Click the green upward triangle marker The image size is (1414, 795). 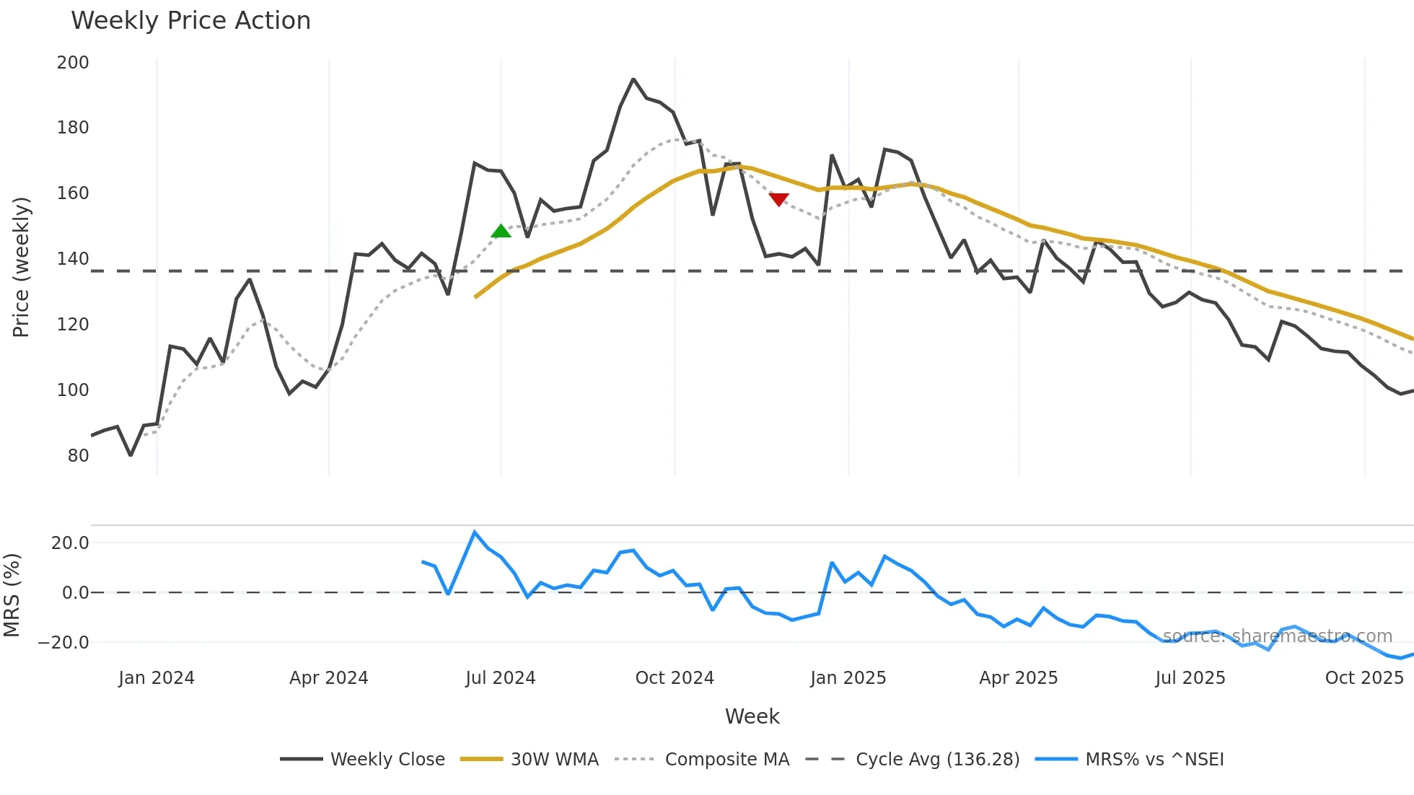click(x=501, y=232)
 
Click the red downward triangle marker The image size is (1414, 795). click(x=778, y=199)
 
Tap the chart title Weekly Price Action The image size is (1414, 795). click(x=190, y=21)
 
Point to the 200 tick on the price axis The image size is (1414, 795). click(x=73, y=63)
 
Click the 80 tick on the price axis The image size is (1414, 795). click(x=78, y=456)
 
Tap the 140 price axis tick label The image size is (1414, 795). click(x=73, y=259)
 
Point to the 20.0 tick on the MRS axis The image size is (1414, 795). click(x=70, y=543)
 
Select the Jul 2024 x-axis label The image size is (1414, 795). click(x=501, y=678)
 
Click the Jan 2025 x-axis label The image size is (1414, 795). click(x=848, y=678)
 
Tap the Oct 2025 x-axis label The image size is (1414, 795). click(x=1364, y=678)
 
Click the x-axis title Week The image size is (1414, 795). click(x=752, y=716)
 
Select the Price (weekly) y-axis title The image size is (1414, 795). click(x=21, y=267)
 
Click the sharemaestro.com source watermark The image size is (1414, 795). click(x=1277, y=636)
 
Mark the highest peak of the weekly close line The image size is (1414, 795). click(x=633, y=79)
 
